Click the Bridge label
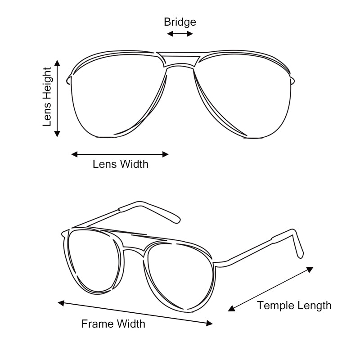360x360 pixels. coord(180,22)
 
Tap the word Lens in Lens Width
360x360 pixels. coord(102,164)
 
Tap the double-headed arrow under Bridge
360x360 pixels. coord(180,34)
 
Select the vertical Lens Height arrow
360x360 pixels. coord(57,98)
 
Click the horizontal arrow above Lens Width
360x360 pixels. coord(120,154)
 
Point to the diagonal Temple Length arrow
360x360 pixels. coord(270,288)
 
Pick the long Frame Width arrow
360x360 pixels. coord(135,313)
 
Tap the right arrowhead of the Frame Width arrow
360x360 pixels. coord(209,323)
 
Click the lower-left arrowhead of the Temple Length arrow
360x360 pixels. coord(231,308)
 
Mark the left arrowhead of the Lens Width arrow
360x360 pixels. coord(74,154)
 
